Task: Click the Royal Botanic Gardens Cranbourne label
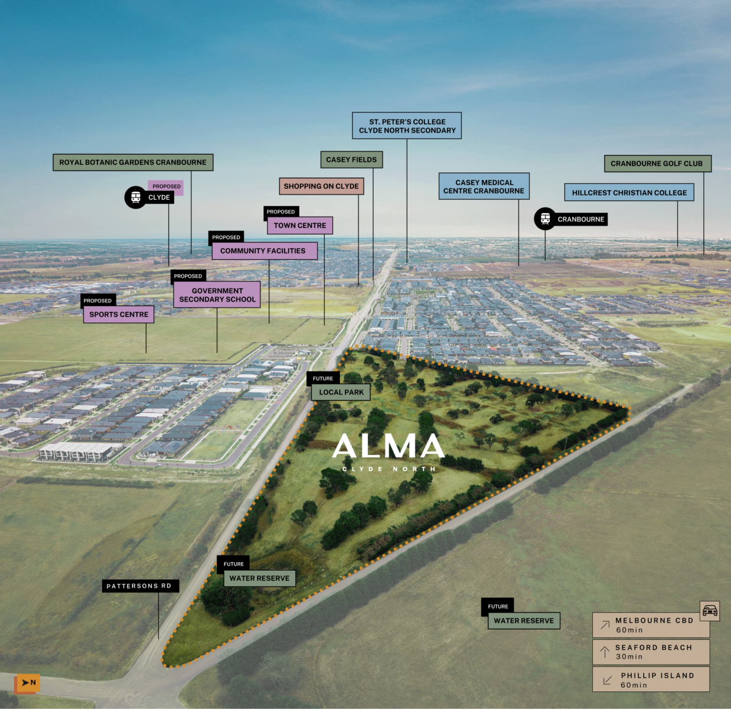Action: point(133,162)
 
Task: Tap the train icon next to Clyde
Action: point(136,197)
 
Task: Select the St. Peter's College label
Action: point(407,126)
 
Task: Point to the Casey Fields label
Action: point(351,160)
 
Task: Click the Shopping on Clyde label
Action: point(321,186)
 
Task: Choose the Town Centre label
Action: point(300,226)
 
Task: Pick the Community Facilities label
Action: point(263,251)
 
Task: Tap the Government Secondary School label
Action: point(217,295)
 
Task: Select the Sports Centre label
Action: point(119,314)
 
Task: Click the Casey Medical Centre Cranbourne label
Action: point(484,187)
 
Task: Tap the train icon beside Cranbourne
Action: point(545,219)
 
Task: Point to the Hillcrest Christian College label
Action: point(629,193)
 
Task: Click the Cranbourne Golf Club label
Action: point(657,164)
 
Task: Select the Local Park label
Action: point(341,392)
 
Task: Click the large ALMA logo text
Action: point(389,447)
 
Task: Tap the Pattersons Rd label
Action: point(139,586)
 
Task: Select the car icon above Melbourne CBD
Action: point(710,610)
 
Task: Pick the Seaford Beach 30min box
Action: point(651,652)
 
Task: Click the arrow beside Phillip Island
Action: point(607,681)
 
